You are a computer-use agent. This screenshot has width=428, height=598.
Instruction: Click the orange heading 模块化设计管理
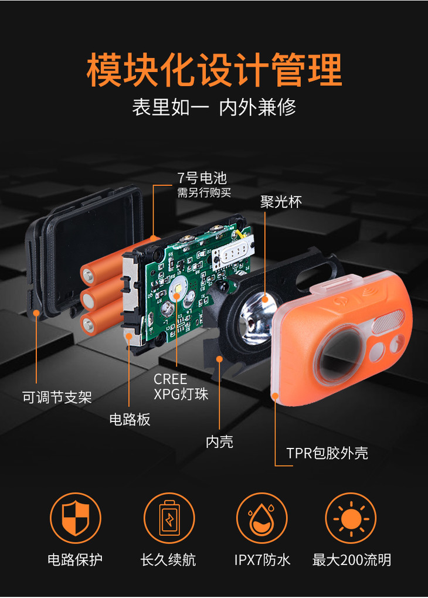(214, 70)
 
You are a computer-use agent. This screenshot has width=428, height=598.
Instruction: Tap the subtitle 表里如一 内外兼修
(214, 107)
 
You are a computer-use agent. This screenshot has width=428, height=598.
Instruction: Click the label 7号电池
(202, 178)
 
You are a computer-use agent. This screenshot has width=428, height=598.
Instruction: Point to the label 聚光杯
(281, 202)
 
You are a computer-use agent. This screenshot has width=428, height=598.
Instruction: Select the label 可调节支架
(57, 397)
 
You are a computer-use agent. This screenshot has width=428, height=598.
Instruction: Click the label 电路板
(130, 419)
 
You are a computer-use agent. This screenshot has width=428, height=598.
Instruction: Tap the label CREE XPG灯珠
(181, 387)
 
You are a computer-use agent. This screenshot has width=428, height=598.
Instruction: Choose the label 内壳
(219, 441)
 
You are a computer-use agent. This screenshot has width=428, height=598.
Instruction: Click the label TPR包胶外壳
(327, 453)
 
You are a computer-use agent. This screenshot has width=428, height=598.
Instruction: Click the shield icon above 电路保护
(76, 518)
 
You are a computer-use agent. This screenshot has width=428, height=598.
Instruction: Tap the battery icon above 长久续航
(169, 518)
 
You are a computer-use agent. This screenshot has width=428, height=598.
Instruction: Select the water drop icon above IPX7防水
(261, 518)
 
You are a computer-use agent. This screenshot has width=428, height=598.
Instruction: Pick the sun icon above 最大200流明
(351, 518)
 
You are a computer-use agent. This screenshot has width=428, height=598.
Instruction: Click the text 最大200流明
(352, 560)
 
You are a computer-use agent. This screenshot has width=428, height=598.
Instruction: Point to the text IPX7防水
(262, 560)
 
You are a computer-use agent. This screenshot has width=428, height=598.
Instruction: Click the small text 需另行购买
(204, 193)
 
